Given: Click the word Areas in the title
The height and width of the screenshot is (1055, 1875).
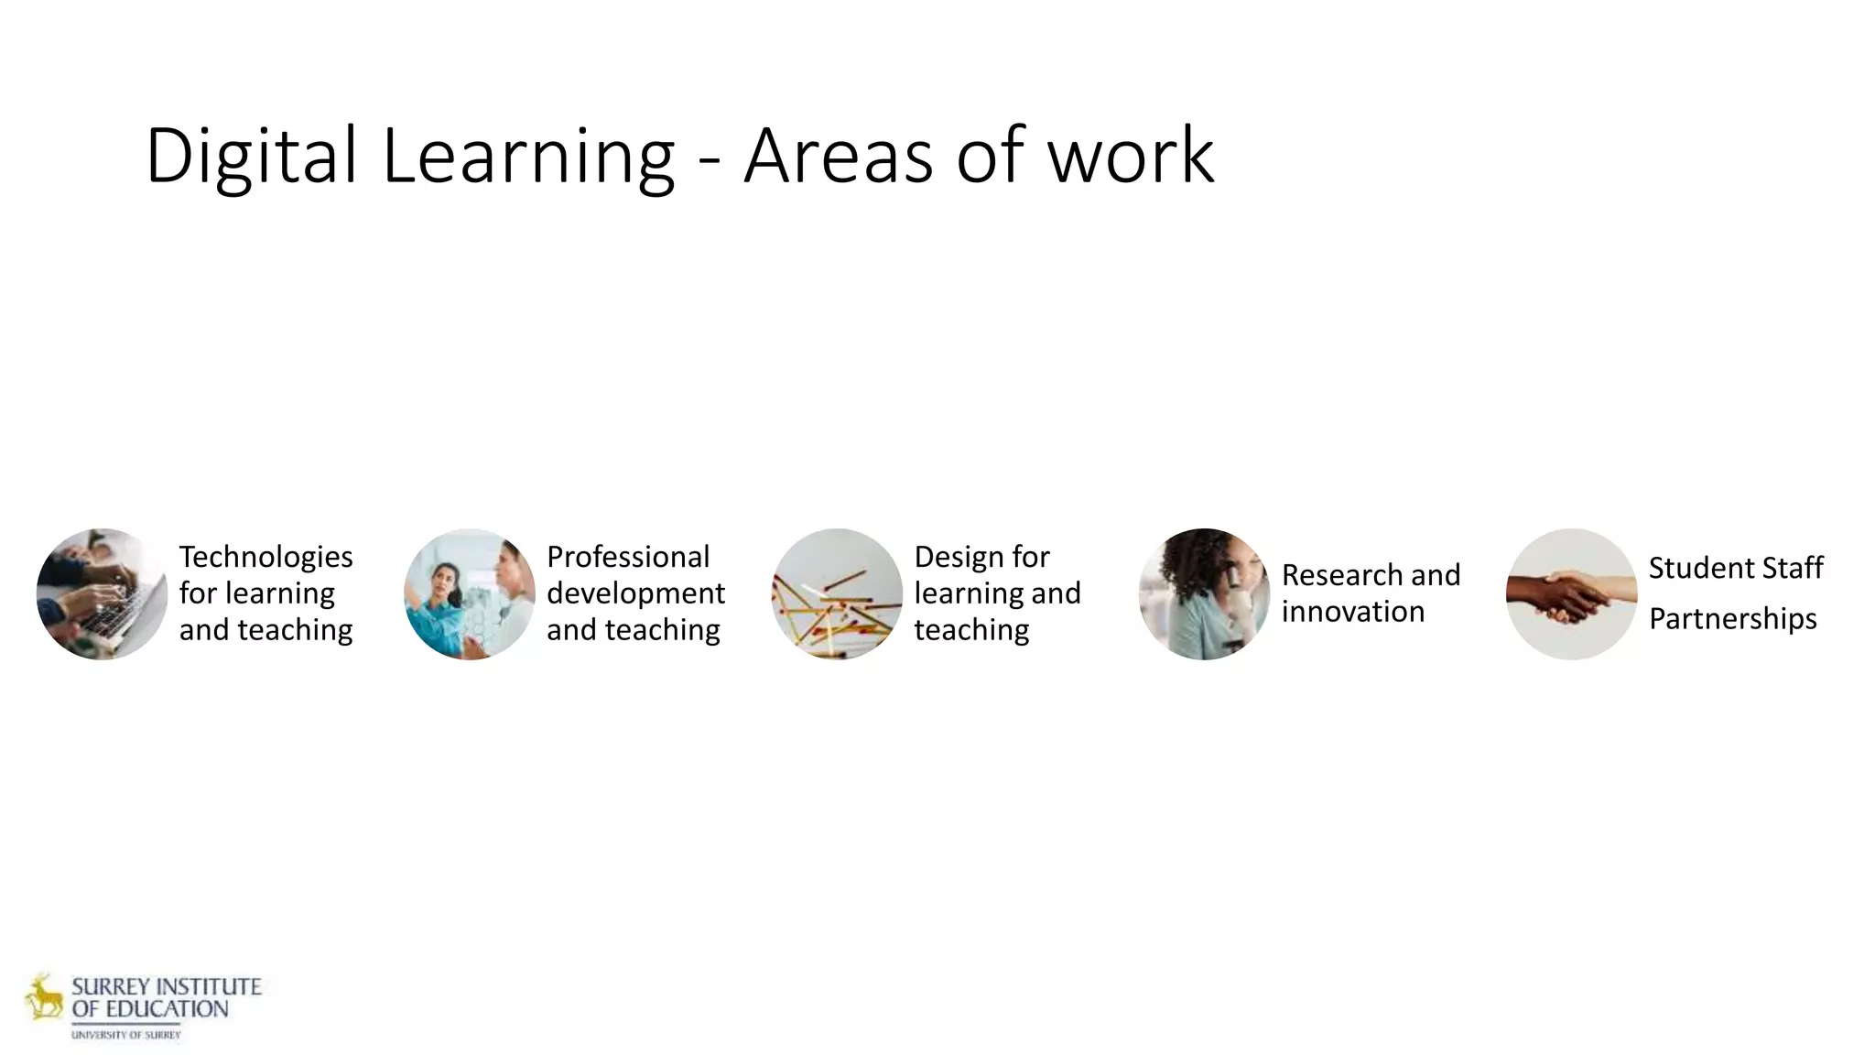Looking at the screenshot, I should [838, 156].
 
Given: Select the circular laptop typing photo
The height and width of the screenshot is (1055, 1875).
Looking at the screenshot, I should [102, 593].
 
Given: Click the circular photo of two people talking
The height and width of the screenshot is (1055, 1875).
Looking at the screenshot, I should [470, 593].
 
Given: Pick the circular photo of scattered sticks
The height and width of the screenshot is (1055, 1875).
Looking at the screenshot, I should [837, 593].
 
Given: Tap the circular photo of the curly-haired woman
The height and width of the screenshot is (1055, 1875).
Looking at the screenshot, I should [1204, 593].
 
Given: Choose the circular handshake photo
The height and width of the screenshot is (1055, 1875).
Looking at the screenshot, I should [1571, 593].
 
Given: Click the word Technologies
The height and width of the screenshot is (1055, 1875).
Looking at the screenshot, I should [266, 557].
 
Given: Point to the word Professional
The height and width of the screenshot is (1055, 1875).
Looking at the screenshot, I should [628, 557].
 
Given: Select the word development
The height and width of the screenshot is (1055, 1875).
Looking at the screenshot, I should [635, 593].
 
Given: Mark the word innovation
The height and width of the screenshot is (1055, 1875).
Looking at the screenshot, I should [1352, 612].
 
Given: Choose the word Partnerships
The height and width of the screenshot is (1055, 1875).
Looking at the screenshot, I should [1732, 619].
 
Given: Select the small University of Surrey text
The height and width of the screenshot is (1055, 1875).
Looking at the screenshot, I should [126, 1035].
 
